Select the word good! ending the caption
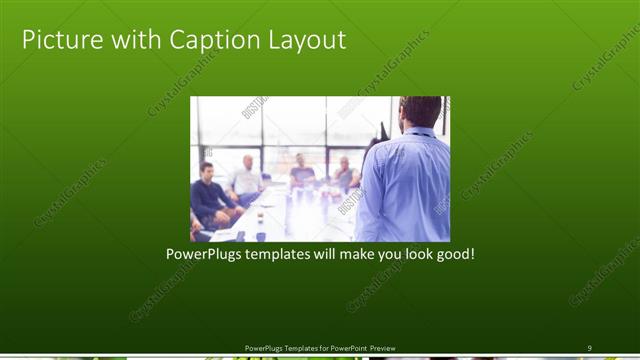pos(452,255)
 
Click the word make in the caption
pos(341,255)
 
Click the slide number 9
pos(589,347)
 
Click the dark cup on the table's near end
pos(260,236)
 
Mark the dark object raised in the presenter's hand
pos(382,131)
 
